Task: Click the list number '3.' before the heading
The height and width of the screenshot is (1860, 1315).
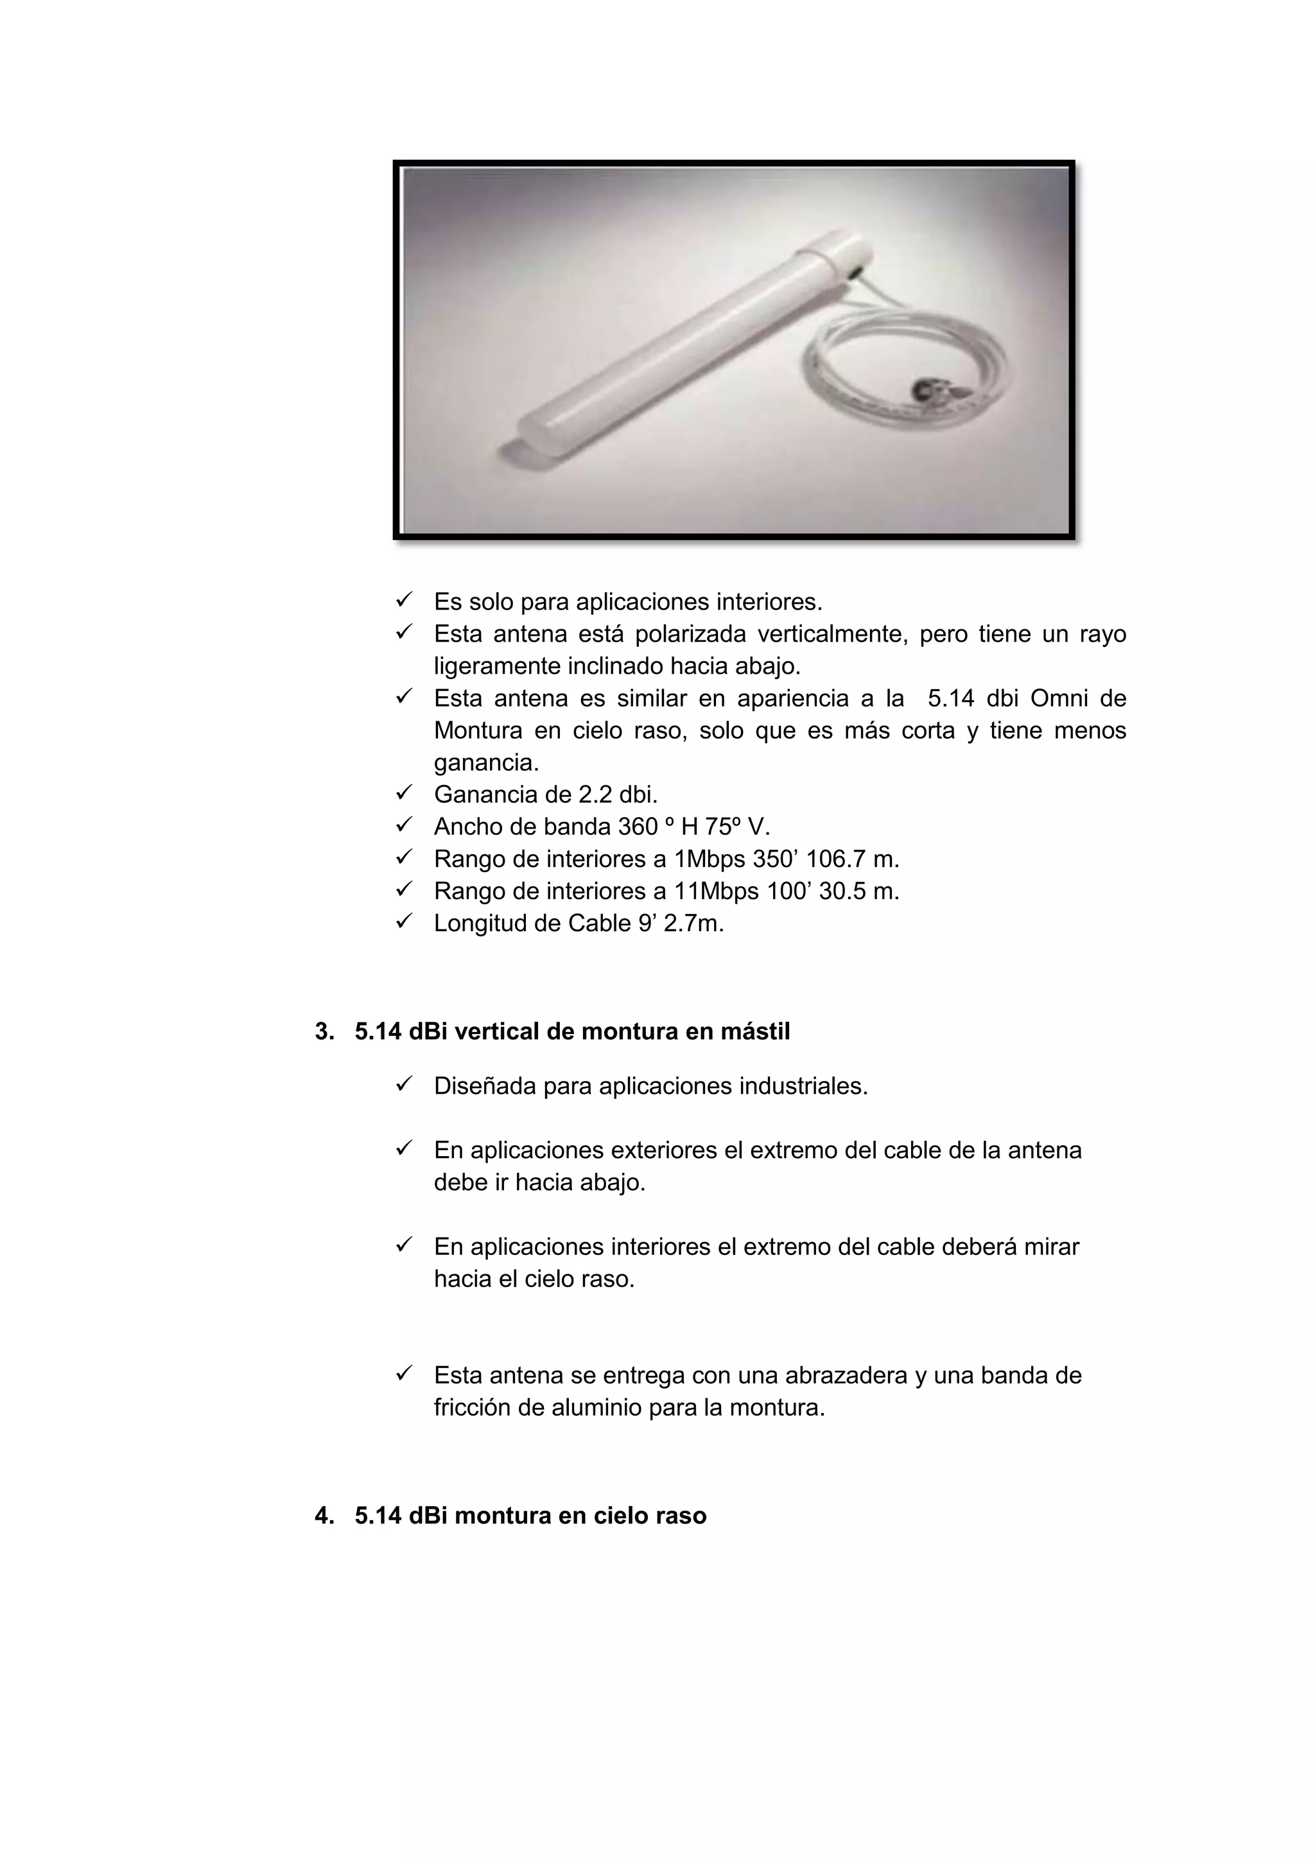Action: pos(324,1031)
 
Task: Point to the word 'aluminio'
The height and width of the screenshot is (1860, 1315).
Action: pos(597,1407)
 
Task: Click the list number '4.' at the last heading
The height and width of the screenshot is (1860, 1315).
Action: pos(324,1516)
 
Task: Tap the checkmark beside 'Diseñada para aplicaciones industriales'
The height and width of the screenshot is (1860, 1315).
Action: pos(404,1084)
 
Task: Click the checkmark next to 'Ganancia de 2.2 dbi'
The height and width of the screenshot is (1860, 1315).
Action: pos(404,793)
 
